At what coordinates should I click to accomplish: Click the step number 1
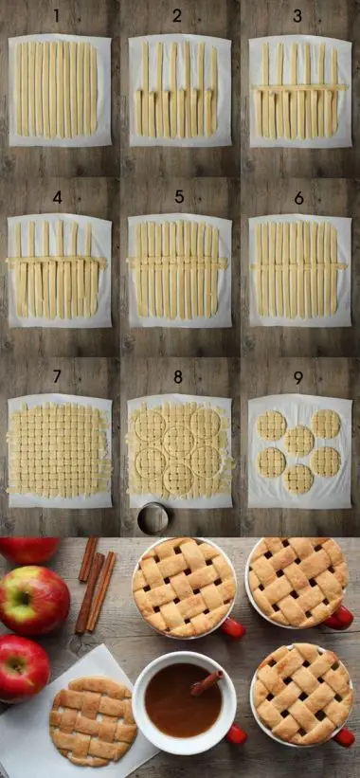point(57,16)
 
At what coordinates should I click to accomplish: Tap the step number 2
point(177,16)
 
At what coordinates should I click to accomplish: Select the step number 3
point(297,16)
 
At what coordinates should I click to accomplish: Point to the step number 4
point(57,198)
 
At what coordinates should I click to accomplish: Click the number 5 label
point(177,198)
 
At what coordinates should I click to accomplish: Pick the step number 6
point(298,198)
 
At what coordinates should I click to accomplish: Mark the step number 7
point(57,377)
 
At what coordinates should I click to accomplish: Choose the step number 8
point(177,377)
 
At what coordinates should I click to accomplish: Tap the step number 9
point(297,377)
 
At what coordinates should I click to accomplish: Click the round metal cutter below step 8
point(152,517)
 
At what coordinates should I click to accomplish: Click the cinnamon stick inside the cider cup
point(207,682)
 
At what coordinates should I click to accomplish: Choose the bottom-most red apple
point(22,667)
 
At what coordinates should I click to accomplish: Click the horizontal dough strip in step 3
point(299,88)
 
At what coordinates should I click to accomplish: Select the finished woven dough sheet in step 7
point(59,450)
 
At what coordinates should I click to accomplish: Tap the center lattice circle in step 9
point(299,441)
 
